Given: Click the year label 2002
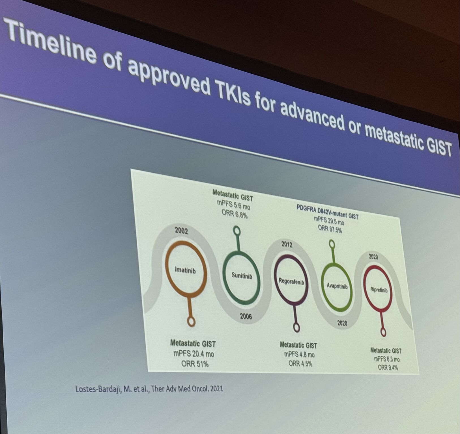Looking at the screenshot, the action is click(x=181, y=231).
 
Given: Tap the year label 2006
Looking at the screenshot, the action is click(x=246, y=316).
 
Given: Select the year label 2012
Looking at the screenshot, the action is click(x=287, y=244).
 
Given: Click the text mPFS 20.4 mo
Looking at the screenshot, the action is click(x=194, y=353).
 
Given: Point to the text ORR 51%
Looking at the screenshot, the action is click(x=195, y=364).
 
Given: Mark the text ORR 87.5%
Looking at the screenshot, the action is click(x=330, y=229).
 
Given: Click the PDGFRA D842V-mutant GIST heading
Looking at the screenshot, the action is click(x=327, y=212).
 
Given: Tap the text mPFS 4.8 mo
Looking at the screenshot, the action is click(x=299, y=354).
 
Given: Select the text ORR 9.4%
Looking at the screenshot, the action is click(x=388, y=367).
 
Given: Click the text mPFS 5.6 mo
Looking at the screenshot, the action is click(x=234, y=205).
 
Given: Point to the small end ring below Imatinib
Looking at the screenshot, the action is click(x=191, y=322).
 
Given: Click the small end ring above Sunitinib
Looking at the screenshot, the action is click(x=237, y=231).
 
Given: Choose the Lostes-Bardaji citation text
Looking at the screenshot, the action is click(x=149, y=389).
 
